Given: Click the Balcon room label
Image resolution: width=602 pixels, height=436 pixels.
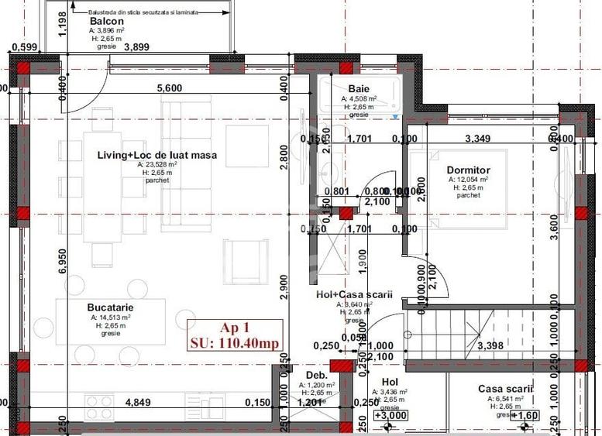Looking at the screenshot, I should click(x=103, y=22).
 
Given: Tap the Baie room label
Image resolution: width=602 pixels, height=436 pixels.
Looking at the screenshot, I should click(x=359, y=89).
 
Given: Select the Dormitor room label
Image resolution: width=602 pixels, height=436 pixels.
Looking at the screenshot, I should click(x=468, y=170).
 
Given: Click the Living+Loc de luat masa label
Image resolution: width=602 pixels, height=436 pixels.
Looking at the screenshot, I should click(x=157, y=155).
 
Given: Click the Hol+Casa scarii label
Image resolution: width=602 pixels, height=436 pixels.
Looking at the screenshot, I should click(x=354, y=295).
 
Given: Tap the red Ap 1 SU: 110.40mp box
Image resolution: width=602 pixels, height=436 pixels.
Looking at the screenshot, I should click(x=234, y=334).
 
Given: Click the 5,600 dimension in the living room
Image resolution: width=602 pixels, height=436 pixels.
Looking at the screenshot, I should click(x=169, y=88).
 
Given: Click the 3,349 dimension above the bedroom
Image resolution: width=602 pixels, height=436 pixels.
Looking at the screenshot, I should click(x=477, y=139).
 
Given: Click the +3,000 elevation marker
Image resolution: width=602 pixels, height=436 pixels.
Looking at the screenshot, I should click(x=392, y=415).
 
